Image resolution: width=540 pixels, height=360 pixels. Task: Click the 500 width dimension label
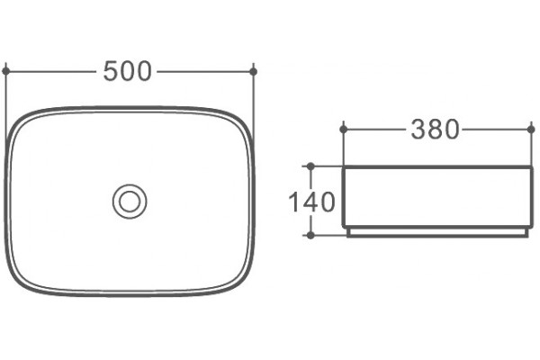[127, 71]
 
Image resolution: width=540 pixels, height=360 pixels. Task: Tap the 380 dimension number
[435, 130]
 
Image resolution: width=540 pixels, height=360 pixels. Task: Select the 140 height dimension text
[311, 202]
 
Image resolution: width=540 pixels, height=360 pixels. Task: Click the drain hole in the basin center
[130, 202]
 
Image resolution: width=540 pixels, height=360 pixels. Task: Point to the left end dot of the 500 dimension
[6, 71]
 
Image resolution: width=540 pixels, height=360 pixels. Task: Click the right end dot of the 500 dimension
[254, 72]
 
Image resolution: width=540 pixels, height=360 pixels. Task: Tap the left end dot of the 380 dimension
[344, 130]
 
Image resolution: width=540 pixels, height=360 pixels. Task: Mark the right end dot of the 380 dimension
[531, 130]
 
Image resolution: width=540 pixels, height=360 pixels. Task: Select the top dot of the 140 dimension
[310, 166]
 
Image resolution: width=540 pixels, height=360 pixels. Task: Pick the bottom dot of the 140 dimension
[310, 235]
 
